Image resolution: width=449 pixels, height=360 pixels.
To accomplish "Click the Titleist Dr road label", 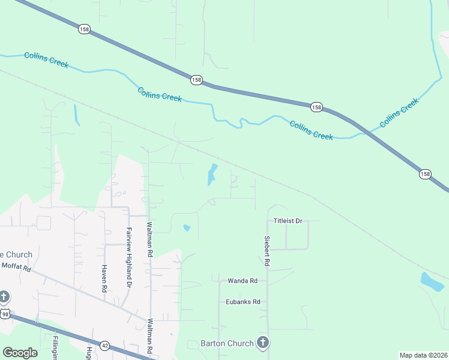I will pyautogui.click(x=290, y=221).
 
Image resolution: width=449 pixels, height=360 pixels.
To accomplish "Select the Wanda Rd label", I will pyautogui.click(x=243, y=280).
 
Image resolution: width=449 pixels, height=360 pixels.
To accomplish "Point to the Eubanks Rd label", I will pyautogui.click(x=243, y=302).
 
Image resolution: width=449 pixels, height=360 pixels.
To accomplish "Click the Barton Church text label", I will pyautogui.click(x=228, y=344).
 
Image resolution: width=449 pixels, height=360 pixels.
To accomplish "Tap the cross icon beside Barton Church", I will pyautogui.click(x=262, y=343).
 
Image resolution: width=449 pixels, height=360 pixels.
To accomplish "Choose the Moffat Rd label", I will pyautogui.click(x=16, y=267).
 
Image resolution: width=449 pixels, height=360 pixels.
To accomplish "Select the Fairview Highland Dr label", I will pyautogui.click(x=128, y=252).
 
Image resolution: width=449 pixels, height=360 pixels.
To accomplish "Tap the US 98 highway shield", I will pyautogui.click(x=5, y=314).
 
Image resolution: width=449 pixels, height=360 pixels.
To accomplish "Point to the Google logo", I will pyautogui.click(x=20, y=353).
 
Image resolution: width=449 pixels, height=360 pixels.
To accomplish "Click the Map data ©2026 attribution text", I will pyautogui.click(x=423, y=355).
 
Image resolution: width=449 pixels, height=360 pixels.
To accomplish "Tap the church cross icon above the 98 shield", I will pyautogui.click(x=4, y=297).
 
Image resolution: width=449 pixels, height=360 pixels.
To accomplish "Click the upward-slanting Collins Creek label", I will pyautogui.click(x=399, y=113).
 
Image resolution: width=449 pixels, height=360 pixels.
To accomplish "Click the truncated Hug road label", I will pyautogui.click(x=89, y=352).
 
